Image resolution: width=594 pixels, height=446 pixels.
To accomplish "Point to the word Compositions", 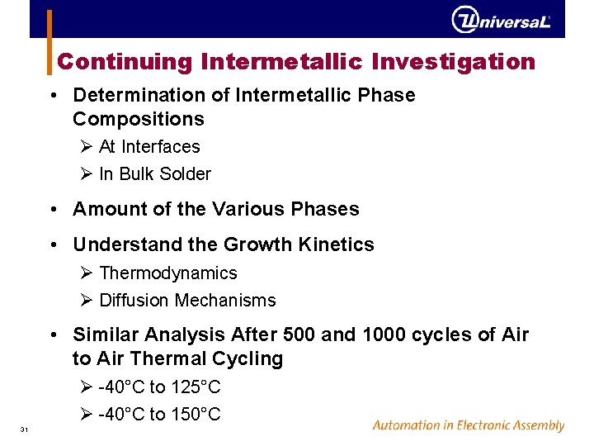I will (138, 119).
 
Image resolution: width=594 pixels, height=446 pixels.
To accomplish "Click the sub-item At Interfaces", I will (148, 147).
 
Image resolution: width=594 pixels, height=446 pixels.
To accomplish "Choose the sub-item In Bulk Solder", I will (154, 174).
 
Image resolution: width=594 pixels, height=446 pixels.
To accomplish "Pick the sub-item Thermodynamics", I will (167, 273).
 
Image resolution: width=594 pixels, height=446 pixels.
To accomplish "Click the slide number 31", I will (25, 429).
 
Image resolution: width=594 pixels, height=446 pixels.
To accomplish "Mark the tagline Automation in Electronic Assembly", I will (468, 426).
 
